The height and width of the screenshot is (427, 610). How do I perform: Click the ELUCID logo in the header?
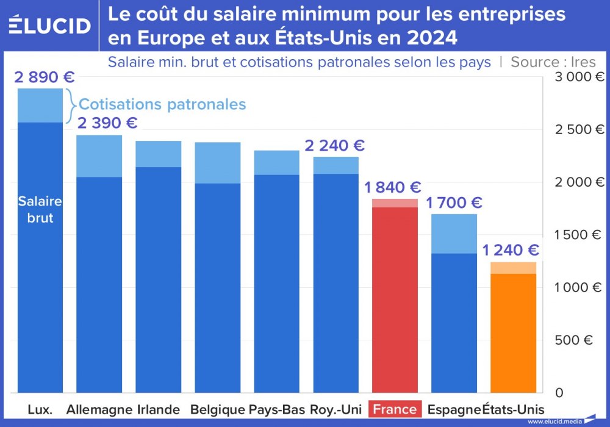pyautogui.click(x=49, y=25)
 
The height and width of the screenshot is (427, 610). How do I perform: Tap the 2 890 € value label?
pyautogui.click(x=44, y=77)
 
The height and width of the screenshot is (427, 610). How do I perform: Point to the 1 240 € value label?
pyautogui.click(x=511, y=250)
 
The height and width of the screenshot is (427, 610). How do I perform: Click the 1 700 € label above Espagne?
pyautogui.click(x=454, y=203)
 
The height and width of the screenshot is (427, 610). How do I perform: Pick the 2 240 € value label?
pyautogui.click(x=335, y=146)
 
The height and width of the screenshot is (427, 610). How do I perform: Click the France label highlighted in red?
pyautogui.click(x=395, y=409)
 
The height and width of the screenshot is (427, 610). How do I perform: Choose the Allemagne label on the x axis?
pyautogui.click(x=99, y=409)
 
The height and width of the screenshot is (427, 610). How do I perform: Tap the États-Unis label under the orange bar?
pyautogui.click(x=514, y=409)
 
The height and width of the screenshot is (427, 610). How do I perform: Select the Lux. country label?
pyautogui.click(x=40, y=409)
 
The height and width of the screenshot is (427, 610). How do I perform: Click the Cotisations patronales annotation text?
pyautogui.click(x=162, y=104)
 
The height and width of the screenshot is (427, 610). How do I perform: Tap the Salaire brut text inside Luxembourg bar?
pyautogui.click(x=40, y=209)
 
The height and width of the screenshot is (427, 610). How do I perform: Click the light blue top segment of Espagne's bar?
pyautogui.click(x=454, y=234)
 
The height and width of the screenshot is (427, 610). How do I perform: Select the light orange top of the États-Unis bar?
pyautogui.click(x=513, y=268)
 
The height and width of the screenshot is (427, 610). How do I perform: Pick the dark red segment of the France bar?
pyautogui.click(x=395, y=299)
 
